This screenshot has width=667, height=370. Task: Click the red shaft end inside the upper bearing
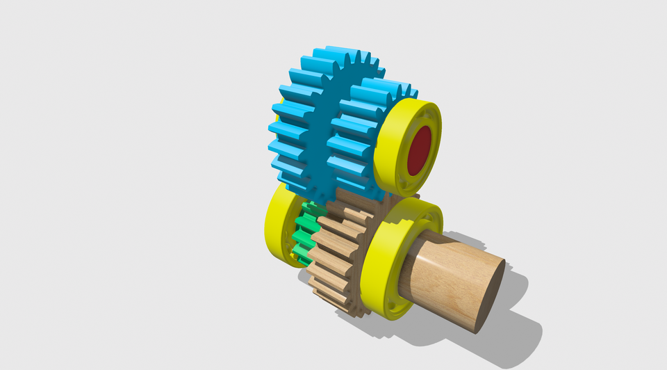pos(419,150)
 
